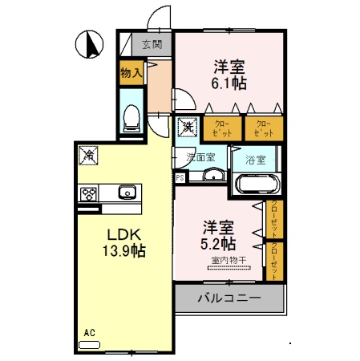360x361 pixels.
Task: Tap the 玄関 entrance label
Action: pyautogui.click(x=152, y=45)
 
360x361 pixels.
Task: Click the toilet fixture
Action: pyautogui.click(x=131, y=117)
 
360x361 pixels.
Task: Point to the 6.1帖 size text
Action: pyautogui.click(x=229, y=82)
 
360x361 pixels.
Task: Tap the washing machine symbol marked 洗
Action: pyautogui.click(x=186, y=126)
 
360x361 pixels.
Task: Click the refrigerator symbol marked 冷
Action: pyautogui.click(x=90, y=153)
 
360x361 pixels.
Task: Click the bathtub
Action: pyautogui.click(x=257, y=185)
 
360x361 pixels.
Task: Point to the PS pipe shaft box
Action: pyautogui.click(x=180, y=177)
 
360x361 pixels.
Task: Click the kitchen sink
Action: pyautogui.click(x=126, y=193)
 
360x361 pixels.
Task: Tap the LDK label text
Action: pyautogui.click(x=125, y=234)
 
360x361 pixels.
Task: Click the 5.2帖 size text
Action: pyautogui.click(x=218, y=242)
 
